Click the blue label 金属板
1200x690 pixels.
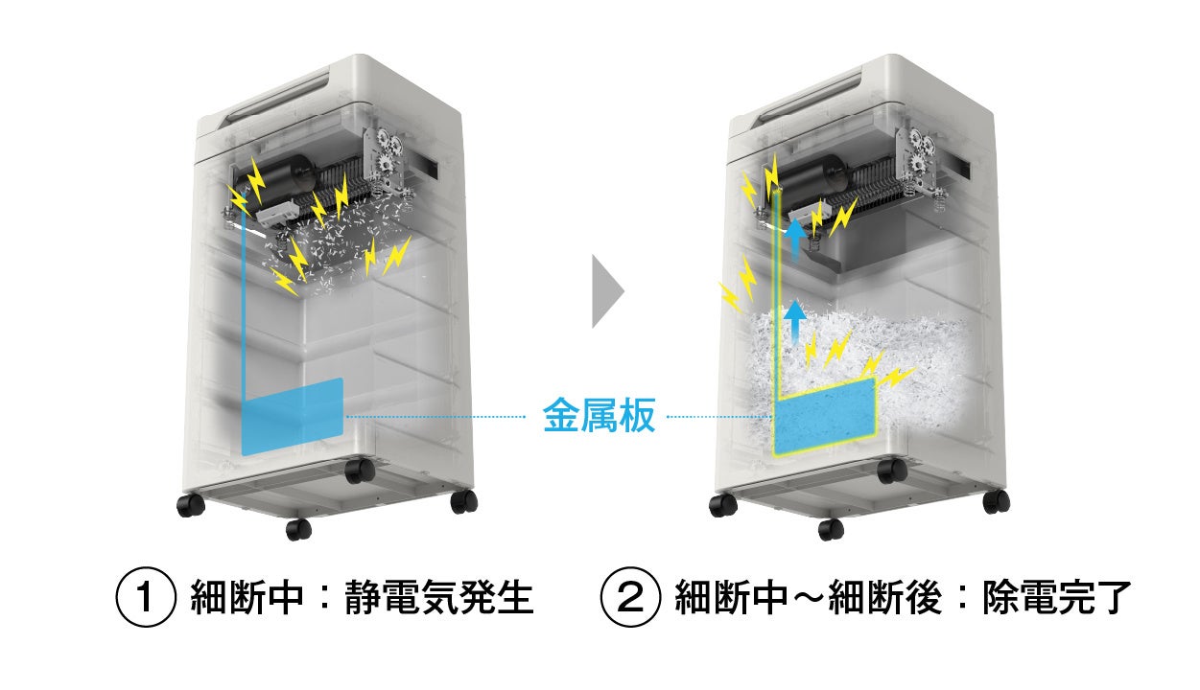600,416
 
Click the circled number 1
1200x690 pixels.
146,599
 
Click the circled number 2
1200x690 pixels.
629,599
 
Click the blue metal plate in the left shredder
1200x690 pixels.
293,416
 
